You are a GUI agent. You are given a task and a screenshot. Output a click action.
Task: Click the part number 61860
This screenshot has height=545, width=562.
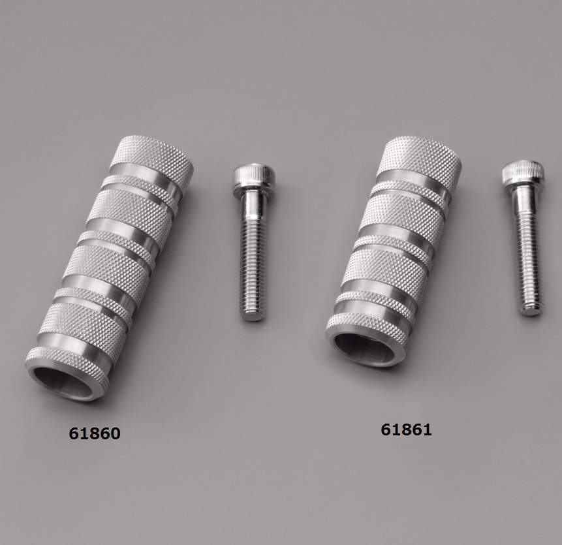click(x=94, y=433)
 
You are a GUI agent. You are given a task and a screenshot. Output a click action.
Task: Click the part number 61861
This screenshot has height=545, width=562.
click(x=406, y=429)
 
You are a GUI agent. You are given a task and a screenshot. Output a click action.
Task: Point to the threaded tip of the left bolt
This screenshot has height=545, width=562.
click(x=253, y=315)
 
